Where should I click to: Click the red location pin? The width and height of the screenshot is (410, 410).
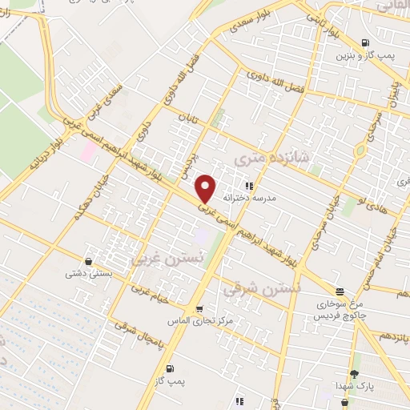[x=206, y=189]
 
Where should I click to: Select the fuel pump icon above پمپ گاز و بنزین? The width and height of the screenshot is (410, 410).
[x=365, y=42]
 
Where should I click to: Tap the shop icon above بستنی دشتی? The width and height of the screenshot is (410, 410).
[x=87, y=261]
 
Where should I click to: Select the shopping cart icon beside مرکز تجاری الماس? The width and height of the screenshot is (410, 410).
[x=199, y=308]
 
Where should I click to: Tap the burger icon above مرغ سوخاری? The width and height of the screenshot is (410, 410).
[x=340, y=292]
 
